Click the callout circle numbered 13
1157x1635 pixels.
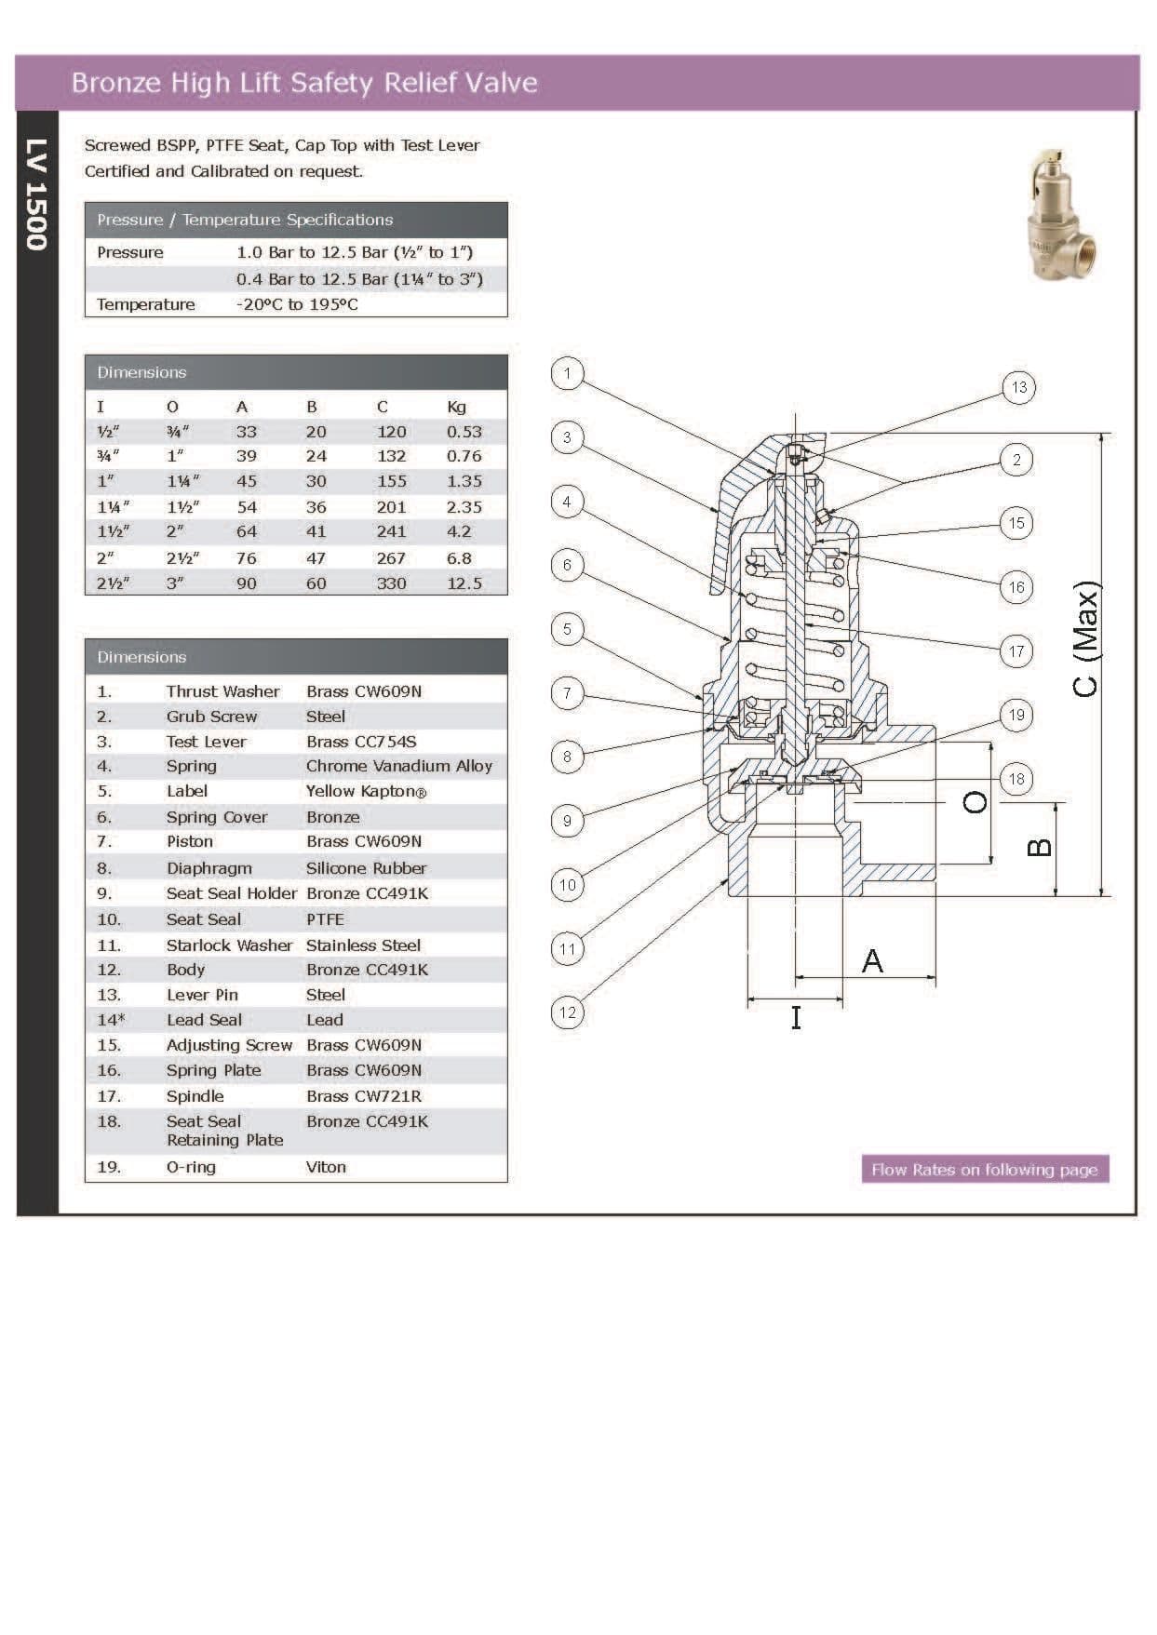(1018, 387)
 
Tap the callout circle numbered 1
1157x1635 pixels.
(567, 373)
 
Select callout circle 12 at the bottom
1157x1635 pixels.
(567, 1012)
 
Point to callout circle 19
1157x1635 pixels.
(1016, 715)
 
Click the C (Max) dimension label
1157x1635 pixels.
(1085, 638)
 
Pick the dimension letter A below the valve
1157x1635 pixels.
(872, 960)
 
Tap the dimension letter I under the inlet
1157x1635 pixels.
(796, 1018)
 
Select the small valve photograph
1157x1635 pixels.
(1063, 215)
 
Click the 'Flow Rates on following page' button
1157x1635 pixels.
(985, 1170)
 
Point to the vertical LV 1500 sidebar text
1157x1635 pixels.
(35, 194)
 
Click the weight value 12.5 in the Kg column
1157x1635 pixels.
(464, 583)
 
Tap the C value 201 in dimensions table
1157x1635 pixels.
(391, 507)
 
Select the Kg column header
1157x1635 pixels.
(456, 407)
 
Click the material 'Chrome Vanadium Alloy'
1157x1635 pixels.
(398, 766)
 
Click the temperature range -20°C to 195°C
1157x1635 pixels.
(297, 304)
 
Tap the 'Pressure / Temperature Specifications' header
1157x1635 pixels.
(245, 220)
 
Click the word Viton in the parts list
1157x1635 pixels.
(326, 1167)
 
